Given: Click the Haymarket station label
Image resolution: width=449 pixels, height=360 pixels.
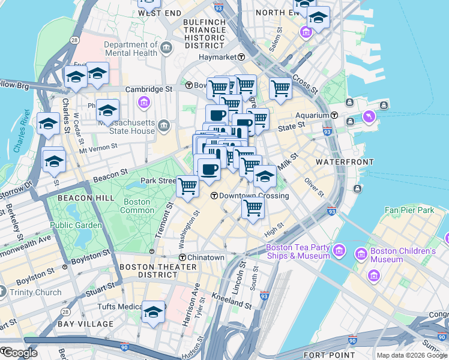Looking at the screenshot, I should (x=220, y=57).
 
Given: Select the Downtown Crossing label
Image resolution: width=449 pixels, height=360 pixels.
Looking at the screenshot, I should (x=253, y=196).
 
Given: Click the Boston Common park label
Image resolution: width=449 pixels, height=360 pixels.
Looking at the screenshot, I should (x=137, y=206).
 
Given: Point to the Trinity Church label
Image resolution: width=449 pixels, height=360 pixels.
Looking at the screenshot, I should (x=36, y=293).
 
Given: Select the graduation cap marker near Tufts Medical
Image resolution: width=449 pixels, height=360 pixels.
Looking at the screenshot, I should (x=153, y=313).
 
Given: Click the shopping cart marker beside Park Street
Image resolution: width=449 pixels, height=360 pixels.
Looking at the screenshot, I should (x=188, y=187).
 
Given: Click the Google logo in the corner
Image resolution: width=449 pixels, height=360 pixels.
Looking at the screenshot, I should (x=19, y=353).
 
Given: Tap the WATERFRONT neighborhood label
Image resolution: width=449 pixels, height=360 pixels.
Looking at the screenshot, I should (x=337, y=163).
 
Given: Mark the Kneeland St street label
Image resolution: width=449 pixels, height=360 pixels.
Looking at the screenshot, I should (x=232, y=301).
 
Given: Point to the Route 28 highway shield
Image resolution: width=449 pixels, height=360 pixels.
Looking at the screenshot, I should (x=74, y=40).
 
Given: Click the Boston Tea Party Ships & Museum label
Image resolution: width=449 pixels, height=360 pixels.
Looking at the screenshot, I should (x=298, y=251).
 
